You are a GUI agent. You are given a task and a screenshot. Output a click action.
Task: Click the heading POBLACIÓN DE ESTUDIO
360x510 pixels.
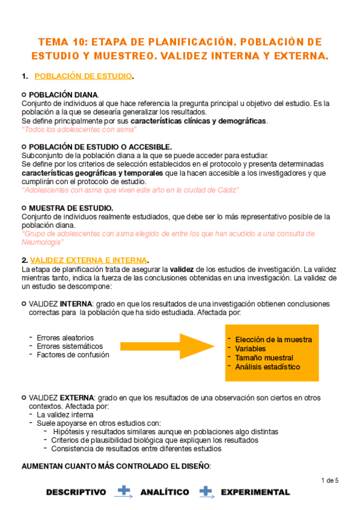pos(84,76)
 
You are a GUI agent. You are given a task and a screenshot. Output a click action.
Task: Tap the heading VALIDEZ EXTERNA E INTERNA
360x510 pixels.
pos(88,260)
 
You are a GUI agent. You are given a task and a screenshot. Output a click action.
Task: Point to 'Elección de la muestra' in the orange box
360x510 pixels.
pos(273,340)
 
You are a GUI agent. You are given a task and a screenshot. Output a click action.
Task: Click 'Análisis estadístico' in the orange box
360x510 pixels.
pos(267,367)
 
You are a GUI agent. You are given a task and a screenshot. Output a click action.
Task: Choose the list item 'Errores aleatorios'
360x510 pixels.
pos(65,338)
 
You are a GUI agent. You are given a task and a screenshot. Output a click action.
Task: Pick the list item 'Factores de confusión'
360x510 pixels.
pos(73,355)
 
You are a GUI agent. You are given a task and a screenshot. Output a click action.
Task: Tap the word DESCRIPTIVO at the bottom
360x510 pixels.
pos(76,492)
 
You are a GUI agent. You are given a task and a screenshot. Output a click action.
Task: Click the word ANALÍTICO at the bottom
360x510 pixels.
pos(164,492)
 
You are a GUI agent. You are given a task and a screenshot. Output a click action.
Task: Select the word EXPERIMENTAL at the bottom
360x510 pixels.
pos(255,492)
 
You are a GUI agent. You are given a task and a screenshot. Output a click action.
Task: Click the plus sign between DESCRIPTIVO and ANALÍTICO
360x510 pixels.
pos(124,491)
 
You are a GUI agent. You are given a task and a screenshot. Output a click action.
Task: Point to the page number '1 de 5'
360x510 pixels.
pos(330,480)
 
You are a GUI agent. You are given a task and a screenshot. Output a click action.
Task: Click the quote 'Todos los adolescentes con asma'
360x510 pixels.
pos(79,129)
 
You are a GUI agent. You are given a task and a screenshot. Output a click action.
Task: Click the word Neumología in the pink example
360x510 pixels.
pos(42,242)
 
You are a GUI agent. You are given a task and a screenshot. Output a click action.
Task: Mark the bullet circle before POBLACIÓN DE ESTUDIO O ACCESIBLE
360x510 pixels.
pos(23,147)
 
